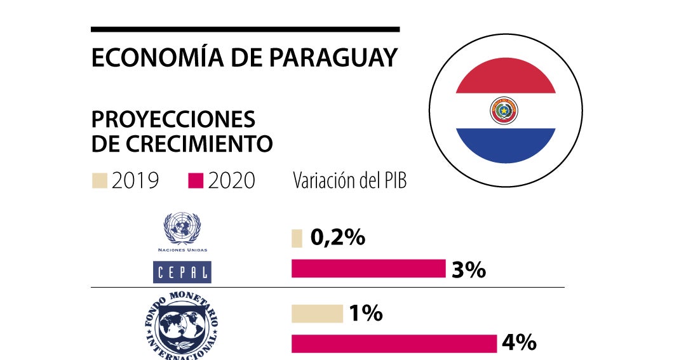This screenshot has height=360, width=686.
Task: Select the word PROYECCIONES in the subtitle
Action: tap(173, 119)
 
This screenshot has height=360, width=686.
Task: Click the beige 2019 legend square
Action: tap(99, 181)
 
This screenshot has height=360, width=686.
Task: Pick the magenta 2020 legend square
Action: tap(196, 181)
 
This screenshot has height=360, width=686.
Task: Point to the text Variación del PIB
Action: tap(349, 181)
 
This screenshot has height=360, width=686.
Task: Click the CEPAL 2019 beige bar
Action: tap(297, 238)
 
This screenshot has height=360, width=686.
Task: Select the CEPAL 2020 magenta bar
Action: tap(368, 269)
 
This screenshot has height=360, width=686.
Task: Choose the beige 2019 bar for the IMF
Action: tap(317, 314)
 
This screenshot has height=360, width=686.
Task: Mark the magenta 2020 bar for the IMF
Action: tap(394, 343)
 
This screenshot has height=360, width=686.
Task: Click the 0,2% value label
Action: tap(337, 237)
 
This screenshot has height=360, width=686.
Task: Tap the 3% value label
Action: tap(469, 269)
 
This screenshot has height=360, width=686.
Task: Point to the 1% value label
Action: tap(365, 313)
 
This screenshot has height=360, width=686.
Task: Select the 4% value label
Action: tap(519, 343)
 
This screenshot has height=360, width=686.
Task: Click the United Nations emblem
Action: tap(182, 229)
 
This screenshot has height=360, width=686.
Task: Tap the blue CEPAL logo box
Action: tap(183, 272)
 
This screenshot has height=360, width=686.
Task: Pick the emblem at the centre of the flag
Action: tap(504, 111)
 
